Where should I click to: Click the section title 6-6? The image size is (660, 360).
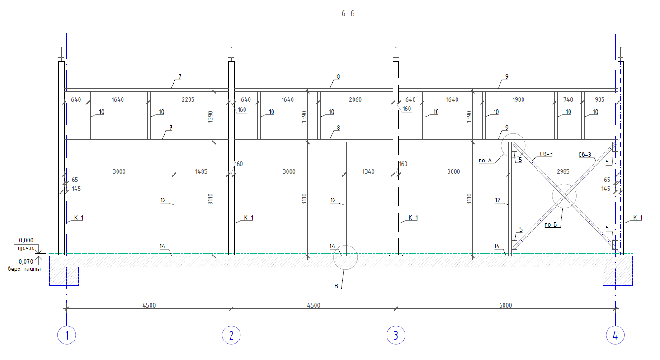coord(348,14)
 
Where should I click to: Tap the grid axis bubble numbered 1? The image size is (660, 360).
coord(66,335)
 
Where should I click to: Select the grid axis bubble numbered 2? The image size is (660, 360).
coord(231,335)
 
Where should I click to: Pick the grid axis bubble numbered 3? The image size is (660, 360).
coord(396,335)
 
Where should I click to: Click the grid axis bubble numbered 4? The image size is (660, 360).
coord(615,335)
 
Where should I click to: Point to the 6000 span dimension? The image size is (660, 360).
coord(505,305)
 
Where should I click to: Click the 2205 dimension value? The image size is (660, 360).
coord(188,99)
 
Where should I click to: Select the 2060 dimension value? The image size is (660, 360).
coord(355,99)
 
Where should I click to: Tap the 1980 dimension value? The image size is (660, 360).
coord(518,99)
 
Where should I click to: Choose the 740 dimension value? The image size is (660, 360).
coord(568,99)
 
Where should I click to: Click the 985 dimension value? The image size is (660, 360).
coord(599,99)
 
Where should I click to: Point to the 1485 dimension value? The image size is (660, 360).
coord(201,171)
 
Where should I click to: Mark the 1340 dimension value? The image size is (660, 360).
coord(368,171)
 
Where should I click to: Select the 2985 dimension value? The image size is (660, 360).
coord(563,171)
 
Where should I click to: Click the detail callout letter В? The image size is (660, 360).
coord(336,286)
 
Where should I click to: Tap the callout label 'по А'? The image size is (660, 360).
coord(485,161)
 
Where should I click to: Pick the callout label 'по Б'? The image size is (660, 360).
coord(551,225)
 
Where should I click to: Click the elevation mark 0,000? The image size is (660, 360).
coord(26,240)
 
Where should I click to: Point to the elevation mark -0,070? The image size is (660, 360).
coord(24,261)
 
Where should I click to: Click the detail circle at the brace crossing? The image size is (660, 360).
coord(564,184)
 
